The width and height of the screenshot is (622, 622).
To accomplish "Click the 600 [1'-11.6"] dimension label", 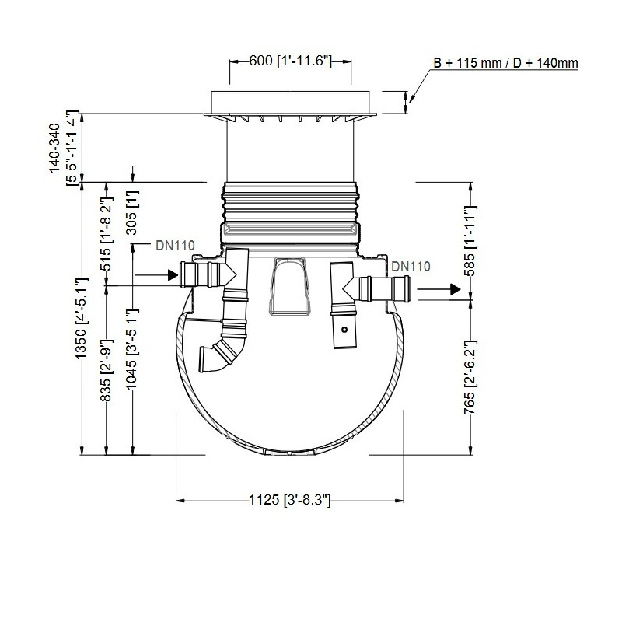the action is click(x=290, y=61).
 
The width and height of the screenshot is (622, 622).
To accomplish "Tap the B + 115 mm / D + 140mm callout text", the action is click(x=505, y=63).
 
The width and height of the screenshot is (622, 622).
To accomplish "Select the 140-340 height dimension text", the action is click(x=54, y=148).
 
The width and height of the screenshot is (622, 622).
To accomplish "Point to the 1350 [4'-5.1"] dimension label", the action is click(x=82, y=318).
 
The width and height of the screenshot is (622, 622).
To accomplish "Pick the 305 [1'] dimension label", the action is click(x=132, y=212).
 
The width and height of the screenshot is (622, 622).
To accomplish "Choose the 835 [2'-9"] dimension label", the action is click(x=107, y=370).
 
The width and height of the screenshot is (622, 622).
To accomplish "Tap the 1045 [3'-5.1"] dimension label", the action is click(x=132, y=348).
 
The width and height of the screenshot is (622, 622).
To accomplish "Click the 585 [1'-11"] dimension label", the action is click(x=470, y=241).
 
